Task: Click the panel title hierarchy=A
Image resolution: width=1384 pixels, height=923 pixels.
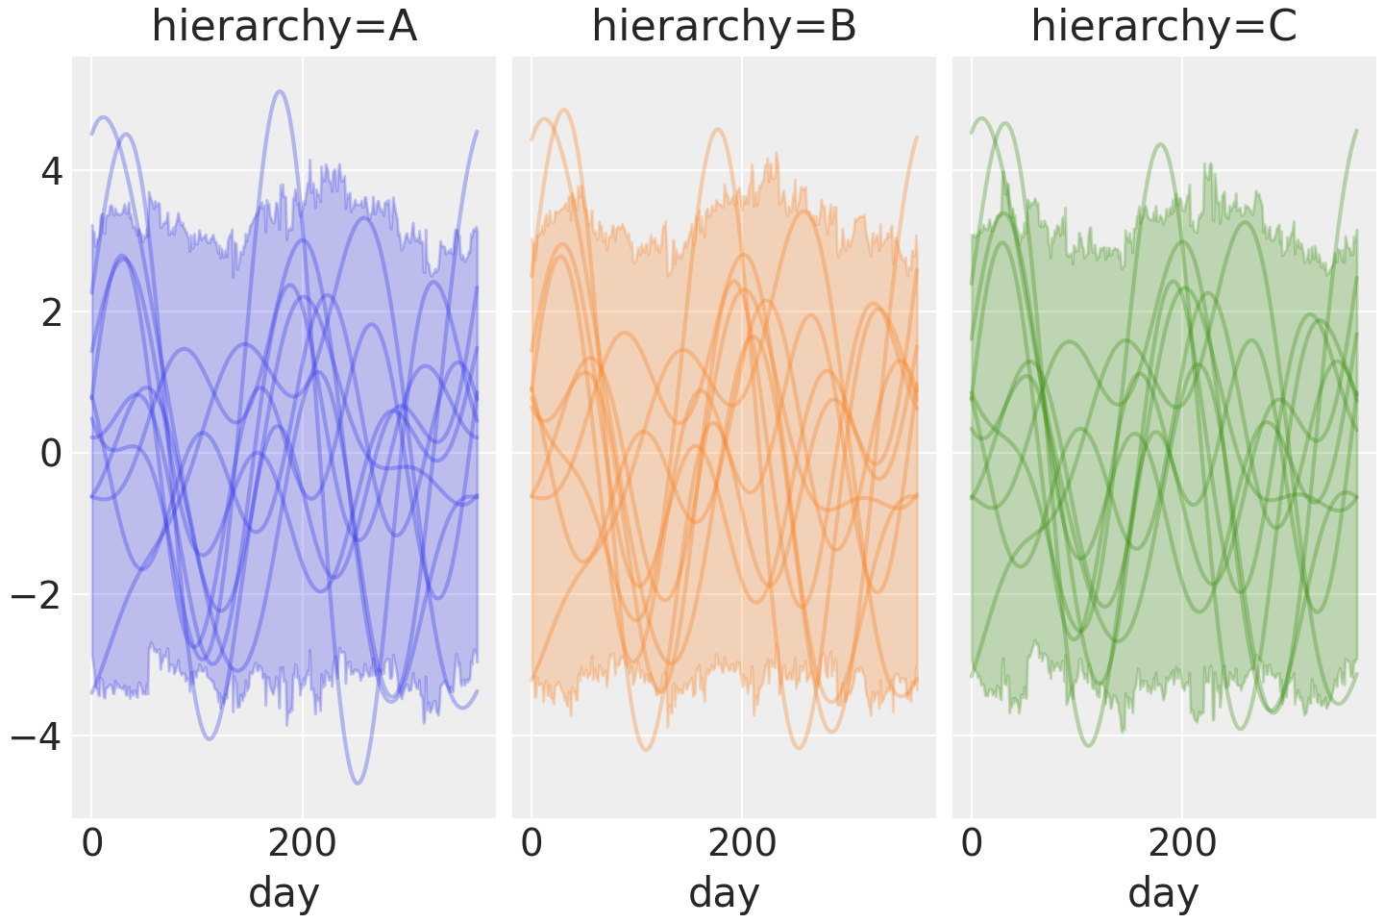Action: click(x=284, y=27)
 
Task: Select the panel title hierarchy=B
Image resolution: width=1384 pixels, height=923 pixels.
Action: click(x=724, y=27)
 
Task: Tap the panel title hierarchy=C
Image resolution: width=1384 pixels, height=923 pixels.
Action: click(x=1164, y=27)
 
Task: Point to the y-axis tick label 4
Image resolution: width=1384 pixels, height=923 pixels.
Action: click(x=51, y=173)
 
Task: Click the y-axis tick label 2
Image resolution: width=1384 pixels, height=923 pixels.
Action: click(x=51, y=313)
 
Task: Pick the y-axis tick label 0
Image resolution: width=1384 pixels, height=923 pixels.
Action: click(x=51, y=454)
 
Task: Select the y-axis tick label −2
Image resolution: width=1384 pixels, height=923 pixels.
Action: click(x=37, y=595)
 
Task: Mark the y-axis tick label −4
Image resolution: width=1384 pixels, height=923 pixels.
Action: click(x=37, y=736)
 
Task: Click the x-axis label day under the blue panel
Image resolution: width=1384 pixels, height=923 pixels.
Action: click(x=284, y=893)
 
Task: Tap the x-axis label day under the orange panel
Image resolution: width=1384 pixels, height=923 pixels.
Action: click(x=724, y=893)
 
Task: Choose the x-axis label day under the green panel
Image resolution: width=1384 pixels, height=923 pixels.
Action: click(x=1163, y=893)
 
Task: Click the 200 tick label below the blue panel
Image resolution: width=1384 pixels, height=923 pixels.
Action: click(x=302, y=843)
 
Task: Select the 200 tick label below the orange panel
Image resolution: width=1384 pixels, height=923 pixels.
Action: click(x=742, y=843)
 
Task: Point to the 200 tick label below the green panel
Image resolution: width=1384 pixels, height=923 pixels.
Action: click(x=1181, y=843)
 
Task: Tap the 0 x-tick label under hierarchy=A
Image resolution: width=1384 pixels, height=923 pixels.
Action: click(x=91, y=843)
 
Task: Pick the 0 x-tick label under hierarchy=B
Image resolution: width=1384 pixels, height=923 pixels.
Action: click(x=531, y=843)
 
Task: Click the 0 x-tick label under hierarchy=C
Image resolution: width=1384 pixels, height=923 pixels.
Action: click(x=972, y=843)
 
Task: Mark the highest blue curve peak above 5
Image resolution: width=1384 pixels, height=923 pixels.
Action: click(x=279, y=91)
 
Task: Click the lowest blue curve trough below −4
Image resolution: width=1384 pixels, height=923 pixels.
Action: click(x=358, y=783)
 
